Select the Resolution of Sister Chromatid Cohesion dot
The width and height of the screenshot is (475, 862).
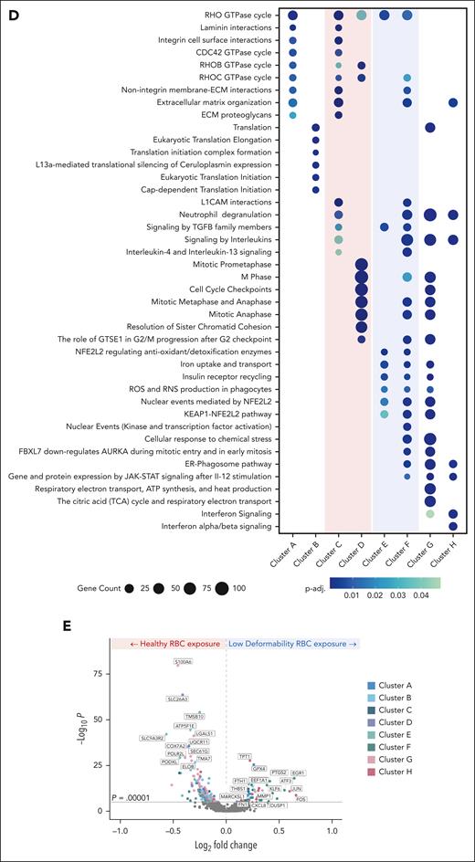pyautogui.click(x=361, y=327)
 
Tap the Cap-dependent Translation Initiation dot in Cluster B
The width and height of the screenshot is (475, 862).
pyautogui.click(x=315, y=190)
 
